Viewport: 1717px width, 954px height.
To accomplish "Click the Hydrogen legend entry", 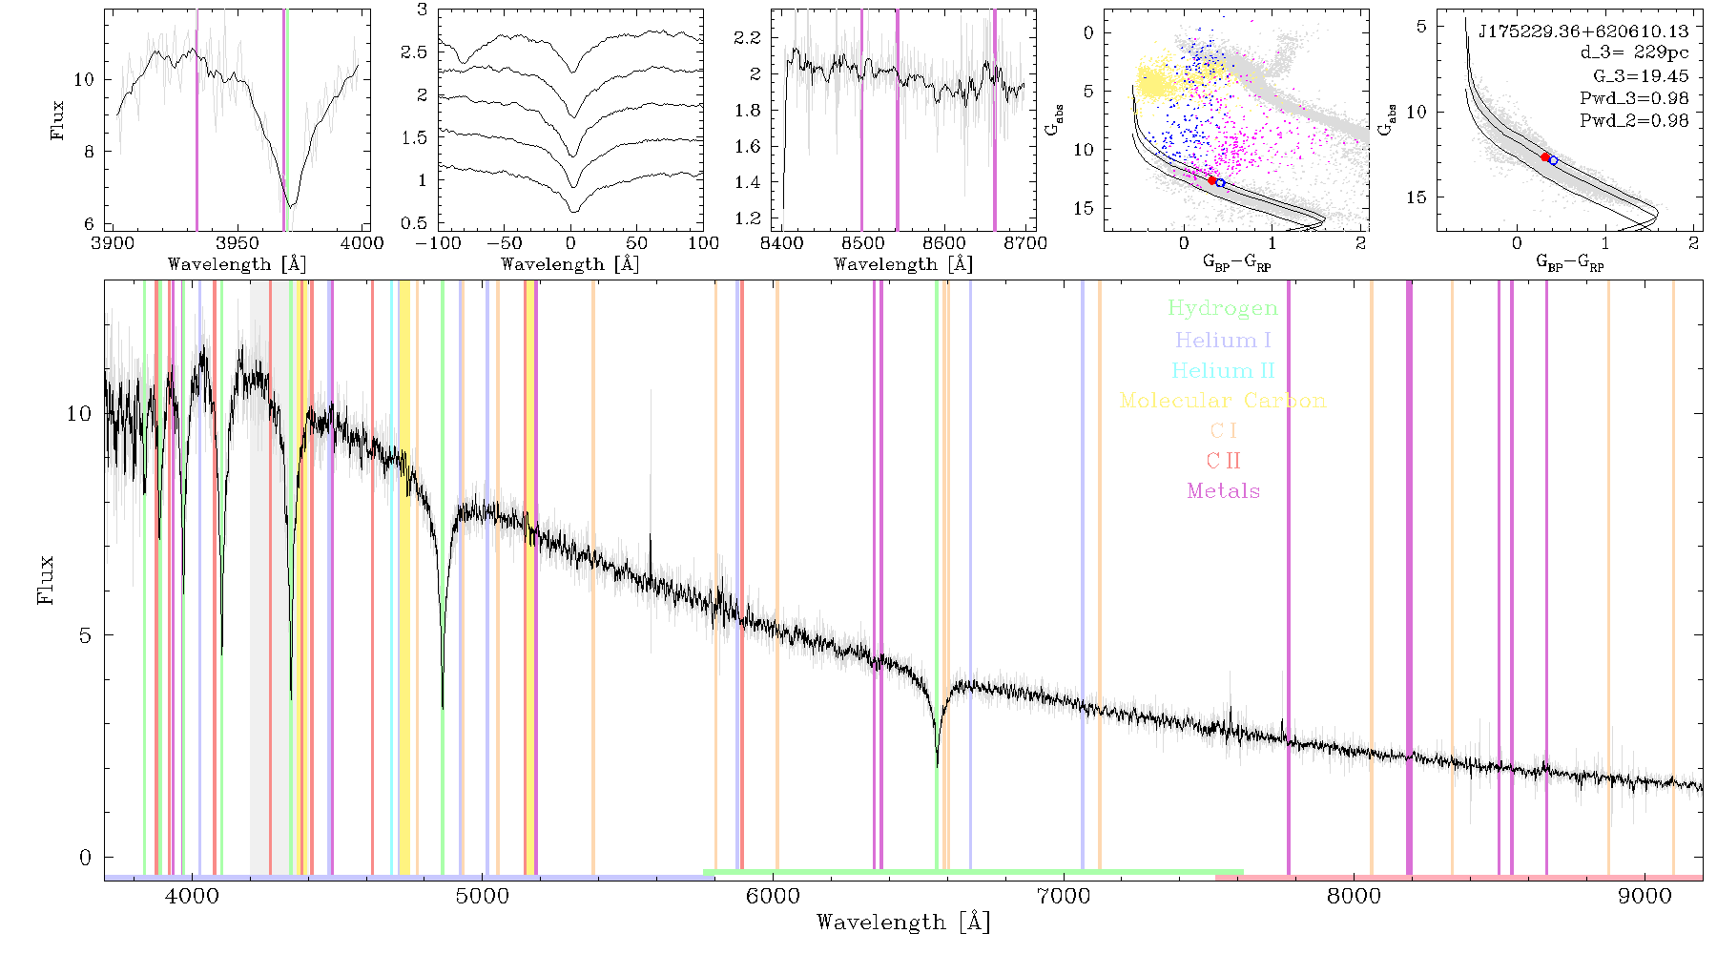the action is pos(1223,308).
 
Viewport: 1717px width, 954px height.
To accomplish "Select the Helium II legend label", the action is pos(1223,370).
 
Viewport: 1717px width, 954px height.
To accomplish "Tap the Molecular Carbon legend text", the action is pos(1223,401).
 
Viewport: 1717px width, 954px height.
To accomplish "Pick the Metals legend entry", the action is pos(1223,490).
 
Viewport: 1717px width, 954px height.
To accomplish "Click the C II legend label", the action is pos(1223,461).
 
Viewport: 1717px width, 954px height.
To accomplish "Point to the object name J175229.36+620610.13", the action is pos(1583,31).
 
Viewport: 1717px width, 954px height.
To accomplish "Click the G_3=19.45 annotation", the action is pos(1641,75).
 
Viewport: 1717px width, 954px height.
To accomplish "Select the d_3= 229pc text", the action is pos(1634,52).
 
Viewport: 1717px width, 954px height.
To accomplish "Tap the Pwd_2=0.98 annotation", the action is pos(1634,120).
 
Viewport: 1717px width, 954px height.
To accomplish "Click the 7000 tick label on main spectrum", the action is pos(1063,896).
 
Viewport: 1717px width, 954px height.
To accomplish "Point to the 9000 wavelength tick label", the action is pos(1644,896).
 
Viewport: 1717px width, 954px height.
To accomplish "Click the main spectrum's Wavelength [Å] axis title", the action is pos(903,923).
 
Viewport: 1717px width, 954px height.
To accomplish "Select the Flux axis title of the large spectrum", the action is pos(45,579).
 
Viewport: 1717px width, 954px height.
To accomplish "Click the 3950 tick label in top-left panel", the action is pos(238,243).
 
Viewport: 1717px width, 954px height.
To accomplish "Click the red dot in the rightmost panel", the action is pos(1545,156).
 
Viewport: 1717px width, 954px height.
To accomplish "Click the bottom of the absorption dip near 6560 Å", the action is pos(938,765).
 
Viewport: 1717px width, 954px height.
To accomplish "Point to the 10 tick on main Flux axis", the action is pos(79,414).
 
